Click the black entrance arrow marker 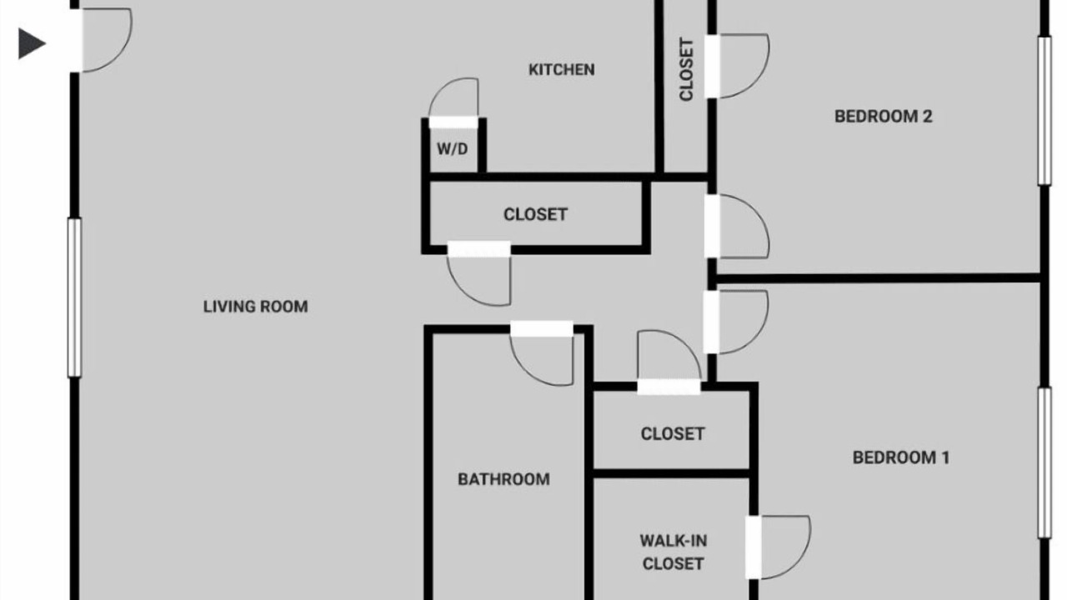tap(31, 44)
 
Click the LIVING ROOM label tap(256, 307)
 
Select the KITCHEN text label tap(562, 70)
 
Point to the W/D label tap(453, 149)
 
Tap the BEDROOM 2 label tap(884, 117)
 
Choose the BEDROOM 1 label tap(901, 457)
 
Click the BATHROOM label tap(504, 479)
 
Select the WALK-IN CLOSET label tap(673, 552)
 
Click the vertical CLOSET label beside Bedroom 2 tap(686, 69)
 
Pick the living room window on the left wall tap(74, 297)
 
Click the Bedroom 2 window tap(1044, 111)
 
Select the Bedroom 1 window tap(1044, 462)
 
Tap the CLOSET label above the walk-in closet tap(673, 434)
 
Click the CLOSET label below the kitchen tap(535, 214)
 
